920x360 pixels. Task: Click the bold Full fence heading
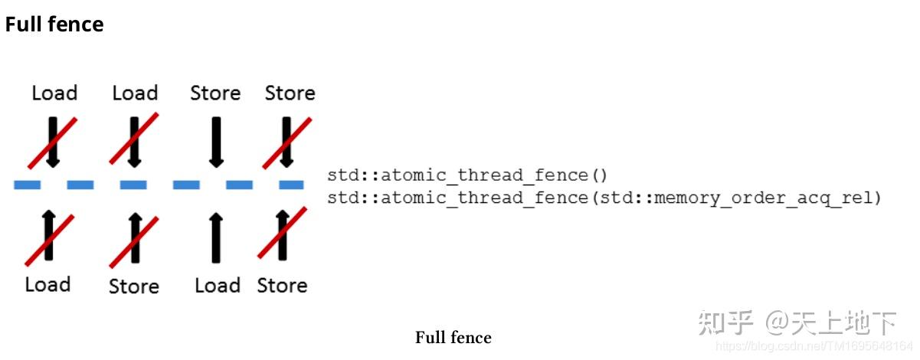coord(54,25)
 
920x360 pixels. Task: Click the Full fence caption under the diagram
coord(453,338)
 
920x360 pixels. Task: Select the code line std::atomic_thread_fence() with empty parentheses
coord(467,175)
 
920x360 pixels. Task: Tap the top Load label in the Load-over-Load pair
coord(54,93)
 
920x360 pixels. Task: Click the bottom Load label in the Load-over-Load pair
coord(47,285)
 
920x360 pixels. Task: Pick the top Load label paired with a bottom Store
coord(135,93)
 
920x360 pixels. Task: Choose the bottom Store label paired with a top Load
coord(134,286)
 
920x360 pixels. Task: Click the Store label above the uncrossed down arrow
coord(215,93)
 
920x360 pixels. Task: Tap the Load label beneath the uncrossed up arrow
coord(218,286)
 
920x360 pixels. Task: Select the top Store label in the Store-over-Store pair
coord(290,93)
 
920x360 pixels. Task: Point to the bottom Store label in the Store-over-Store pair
coord(282,286)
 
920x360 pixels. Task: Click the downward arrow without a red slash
coord(216,142)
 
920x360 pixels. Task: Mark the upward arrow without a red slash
coord(215,237)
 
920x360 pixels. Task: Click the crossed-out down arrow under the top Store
coord(287,142)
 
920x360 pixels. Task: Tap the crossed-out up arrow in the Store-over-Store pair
coord(283,234)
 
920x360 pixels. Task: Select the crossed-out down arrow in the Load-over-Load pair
coord(53,142)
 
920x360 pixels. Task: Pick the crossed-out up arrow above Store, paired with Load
coord(135,237)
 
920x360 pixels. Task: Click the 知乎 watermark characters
coord(725,323)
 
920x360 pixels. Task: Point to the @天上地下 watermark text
coord(831,323)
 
